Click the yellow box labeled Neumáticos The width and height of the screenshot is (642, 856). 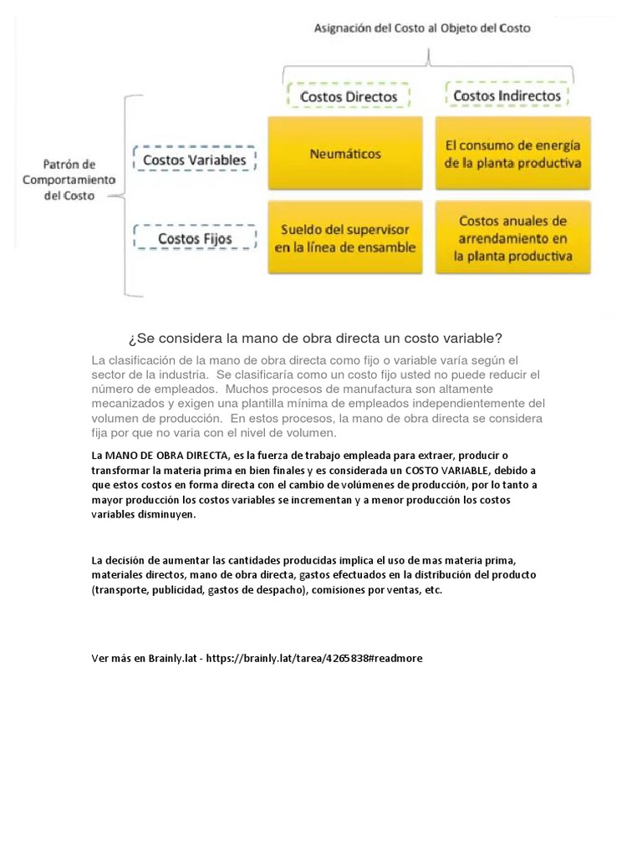pyautogui.click(x=345, y=154)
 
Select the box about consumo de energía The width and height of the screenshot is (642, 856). pyautogui.click(x=512, y=154)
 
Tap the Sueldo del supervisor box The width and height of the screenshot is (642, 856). pyautogui.click(x=345, y=237)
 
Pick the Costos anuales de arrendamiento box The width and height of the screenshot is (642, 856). pyautogui.click(x=512, y=237)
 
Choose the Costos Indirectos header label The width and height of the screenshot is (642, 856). pyautogui.click(x=507, y=96)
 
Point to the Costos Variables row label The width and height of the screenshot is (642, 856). pyautogui.click(x=194, y=159)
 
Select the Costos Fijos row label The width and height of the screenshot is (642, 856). pyautogui.click(x=195, y=239)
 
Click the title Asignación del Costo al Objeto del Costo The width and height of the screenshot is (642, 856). pyautogui.click(x=422, y=28)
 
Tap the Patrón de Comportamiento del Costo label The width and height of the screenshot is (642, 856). pyautogui.click(x=69, y=180)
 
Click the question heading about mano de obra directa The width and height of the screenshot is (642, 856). pyautogui.click(x=315, y=339)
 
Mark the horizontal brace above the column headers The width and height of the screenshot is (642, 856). pyautogui.click(x=428, y=59)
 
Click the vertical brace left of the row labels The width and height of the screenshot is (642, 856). pyautogui.click(x=125, y=196)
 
